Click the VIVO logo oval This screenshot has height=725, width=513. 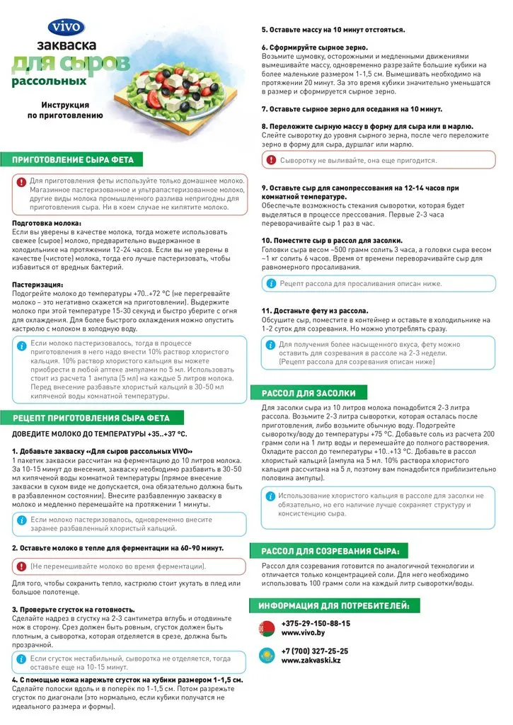[x=66, y=28]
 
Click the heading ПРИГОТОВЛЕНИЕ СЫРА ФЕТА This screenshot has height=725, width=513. [x=72, y=159]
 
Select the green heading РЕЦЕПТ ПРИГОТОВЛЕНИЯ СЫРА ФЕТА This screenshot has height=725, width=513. [x=91, y=417]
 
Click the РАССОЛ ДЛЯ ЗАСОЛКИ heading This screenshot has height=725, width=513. [x=309, y=393]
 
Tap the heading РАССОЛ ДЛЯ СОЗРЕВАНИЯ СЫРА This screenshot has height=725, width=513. [x=330, y=551]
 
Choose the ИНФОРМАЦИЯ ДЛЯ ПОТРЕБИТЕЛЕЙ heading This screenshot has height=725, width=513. [x=334, y=605]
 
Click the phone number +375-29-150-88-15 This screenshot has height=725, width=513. [x=316, y=623]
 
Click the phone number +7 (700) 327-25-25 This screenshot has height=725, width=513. [x=315, y=651]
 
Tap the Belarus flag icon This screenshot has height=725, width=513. [x=267, y=628]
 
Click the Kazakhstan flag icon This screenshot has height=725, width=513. [x=267, y=656]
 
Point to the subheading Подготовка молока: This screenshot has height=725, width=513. [x=47, y=223]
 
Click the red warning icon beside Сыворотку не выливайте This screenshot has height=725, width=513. [x=272, y=160]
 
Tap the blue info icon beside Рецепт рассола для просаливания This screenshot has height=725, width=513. [x=271, y=283]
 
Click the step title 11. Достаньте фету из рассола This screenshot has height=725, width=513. [x=315, y=311]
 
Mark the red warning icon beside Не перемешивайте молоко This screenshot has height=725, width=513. [x=21, y=566]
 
